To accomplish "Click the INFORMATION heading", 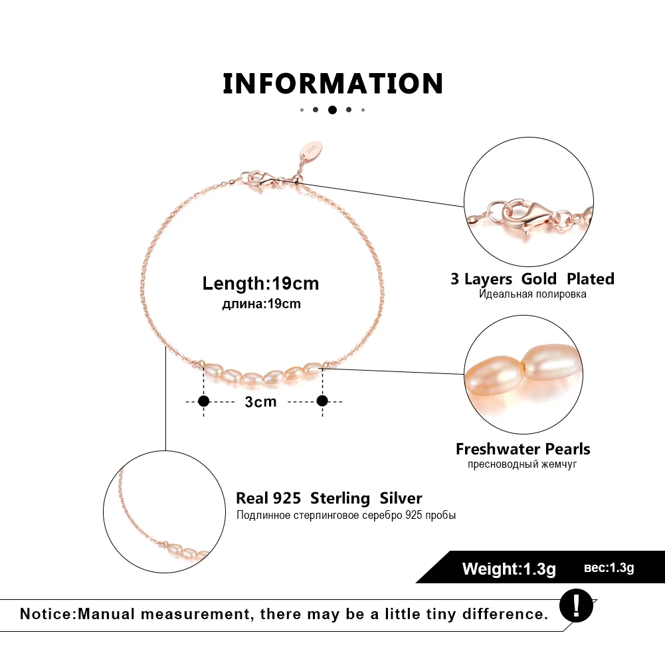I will pyautogui.click(x=332, y=84).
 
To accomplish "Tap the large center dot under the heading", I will pyautogui.click(x=332, y=110).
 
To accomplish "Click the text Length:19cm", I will pyautogui.click(x=260, y=284).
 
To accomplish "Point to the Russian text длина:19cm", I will pyautogui.click(x=260, y=304).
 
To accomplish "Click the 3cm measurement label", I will pyautogui.click(x=260, y=401).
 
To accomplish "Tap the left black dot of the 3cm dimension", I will pyautogui.click(x=204, y=401).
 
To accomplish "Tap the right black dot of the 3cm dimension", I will pyautogui.click(x=322, y=401).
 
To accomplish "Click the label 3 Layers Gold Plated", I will pyautogui.click(x=532, y=278).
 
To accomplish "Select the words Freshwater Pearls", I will pyautogui.click(x=523, y=449).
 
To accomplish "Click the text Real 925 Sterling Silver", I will pyautogui.click(x=329, y=498).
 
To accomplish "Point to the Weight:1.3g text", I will pyautogui.click(x=509, y=569).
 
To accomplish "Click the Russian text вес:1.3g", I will pyautogui.click(x=609, y=568).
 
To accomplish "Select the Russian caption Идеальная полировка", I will pyautogui.click(x=532, y=294).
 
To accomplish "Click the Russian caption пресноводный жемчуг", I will pyautogui.click(x=522, y=464).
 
